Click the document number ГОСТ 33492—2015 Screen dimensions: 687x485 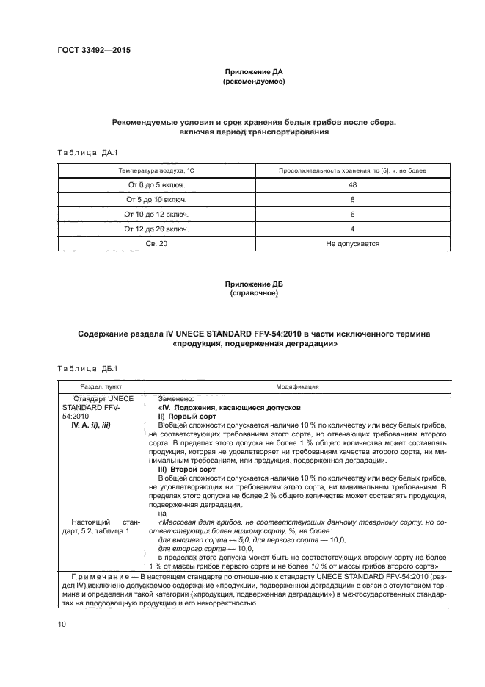89,51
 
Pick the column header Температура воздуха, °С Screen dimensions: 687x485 156,170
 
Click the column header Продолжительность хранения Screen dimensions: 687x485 352,170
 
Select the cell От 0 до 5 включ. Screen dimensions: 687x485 156,184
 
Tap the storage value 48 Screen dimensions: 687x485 352,184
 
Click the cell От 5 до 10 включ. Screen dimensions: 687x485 156,199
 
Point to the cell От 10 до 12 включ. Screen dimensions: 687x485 156,214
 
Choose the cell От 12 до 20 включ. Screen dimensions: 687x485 156,229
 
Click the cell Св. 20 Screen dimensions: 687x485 156,242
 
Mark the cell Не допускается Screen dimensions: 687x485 352,242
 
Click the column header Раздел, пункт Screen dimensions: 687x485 101,385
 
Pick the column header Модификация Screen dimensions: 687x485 296,385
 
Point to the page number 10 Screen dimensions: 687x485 62,624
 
